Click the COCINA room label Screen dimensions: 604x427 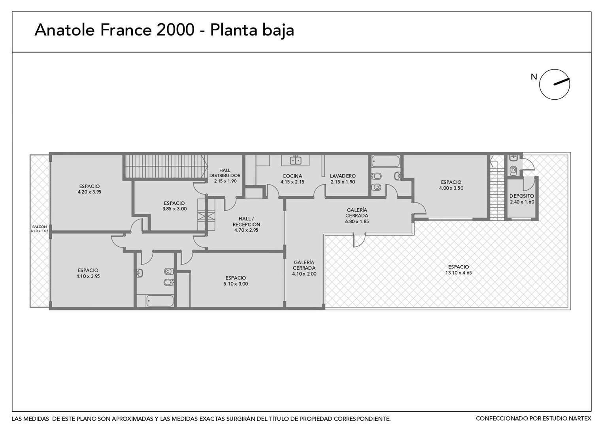tap(292, 176)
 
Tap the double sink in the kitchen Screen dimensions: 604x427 tap(296, 161)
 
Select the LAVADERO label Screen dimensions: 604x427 tap(343, 176)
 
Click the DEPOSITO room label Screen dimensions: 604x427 tap(522, 196)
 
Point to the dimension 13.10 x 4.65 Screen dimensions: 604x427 tap(459, 273)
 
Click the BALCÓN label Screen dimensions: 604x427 tap(40, 227)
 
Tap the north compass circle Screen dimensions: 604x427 tap(554, 85)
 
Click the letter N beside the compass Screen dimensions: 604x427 tap(534, 77)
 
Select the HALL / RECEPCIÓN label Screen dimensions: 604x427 tap(246, 221)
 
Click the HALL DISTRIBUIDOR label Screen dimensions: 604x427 tap(225, 173)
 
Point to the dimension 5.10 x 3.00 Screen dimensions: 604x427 tap(236, 284)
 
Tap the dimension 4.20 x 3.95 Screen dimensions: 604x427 tap(89, 192)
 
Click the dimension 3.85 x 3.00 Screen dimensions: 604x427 tap(174, 209)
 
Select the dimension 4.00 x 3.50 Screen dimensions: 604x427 tap(451, 188)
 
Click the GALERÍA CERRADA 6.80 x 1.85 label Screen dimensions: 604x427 tap(357, 216)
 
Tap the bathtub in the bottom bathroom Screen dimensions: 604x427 tap(160, 301)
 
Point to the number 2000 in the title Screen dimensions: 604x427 tap(175, 30)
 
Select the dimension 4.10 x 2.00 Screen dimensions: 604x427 tap(304, 274)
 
